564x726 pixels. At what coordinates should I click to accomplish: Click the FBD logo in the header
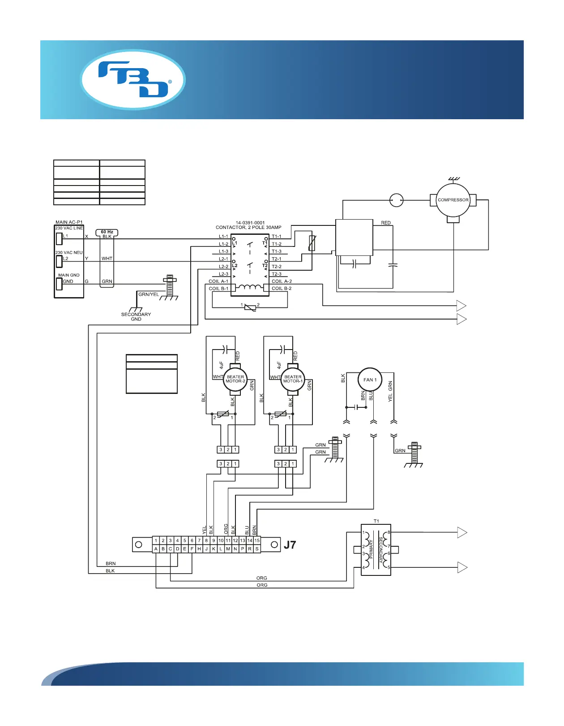pyautogui.click(x=133, y=79)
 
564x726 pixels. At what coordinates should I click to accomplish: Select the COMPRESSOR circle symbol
pyautogui.click(x=453, y=200)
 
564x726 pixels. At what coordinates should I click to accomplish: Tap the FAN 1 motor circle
pyautogui.click(x=370, y=380)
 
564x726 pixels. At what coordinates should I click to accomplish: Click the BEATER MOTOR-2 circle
pyautogui.click(x=235, y=379)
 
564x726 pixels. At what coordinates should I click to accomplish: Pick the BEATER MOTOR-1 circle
pyautogui.click(x=293, y=379)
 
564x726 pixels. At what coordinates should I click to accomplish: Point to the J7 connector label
pyautogui.click(x=290, y=545)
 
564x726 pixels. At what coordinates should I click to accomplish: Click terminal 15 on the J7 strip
pyautogui.click(x=257, y=540)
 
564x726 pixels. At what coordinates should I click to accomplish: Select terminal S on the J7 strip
pyautogui.click(x=257, y=549)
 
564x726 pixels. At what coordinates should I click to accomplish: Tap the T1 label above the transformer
pyautogui.click(x=376, y=521)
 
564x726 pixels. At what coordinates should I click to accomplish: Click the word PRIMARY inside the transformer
pyautogui.click(x=371, y=549)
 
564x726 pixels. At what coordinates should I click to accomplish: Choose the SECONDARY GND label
pyautogui.click(x=136, y=317)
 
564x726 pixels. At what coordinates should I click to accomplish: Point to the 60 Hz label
pyautogui.click(x=107, y=232)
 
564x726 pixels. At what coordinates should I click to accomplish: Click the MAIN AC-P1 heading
pyautogui.click(x=69, y=222)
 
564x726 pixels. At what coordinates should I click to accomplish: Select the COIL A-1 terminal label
pyautogui.click(x=218, y=281)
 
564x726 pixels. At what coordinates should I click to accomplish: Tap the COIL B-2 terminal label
pyautogui.click(x=282, y=289)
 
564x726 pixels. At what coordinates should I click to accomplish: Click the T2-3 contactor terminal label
pyautogui.click(x=277, y=274)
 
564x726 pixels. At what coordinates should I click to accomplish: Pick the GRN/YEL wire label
pyautogui.click(x=149, y=294)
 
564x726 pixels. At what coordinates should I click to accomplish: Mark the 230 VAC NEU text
pyautogui.click(x=69, y=252)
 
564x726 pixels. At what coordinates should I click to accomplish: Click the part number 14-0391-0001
pyautogui.click(x=250, y=222)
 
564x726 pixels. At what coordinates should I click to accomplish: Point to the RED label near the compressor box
pyautogui.click(x=386, y=223)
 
